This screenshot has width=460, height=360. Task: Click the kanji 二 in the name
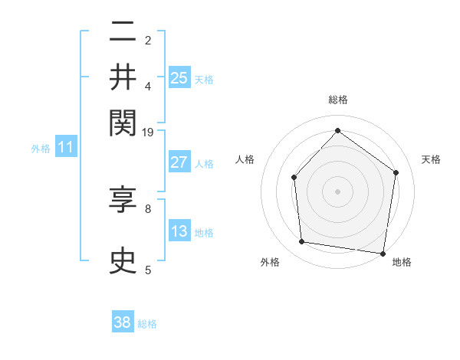pos(123,32)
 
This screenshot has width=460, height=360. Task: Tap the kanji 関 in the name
pos(123,121)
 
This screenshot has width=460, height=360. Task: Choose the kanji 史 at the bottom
pos(123,261)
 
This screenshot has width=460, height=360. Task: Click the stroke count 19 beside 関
pos(148,133)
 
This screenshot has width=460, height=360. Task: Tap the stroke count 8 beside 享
pos(148,208)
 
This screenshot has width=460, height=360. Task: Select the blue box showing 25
pos(179,77)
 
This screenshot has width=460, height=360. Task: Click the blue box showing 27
pos(179,162)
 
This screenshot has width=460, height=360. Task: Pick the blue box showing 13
pos(179,231)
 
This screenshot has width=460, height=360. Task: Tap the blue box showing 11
pos(65,147)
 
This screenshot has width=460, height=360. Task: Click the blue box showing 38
pos(123,322)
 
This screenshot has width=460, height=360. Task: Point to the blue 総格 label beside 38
pos(147,324)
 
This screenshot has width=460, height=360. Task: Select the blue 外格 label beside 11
pos(41,149)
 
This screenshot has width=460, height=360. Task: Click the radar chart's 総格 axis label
pos(338,100)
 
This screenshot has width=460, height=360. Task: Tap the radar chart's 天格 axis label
pos(431,160)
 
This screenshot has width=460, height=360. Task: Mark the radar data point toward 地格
pos(383,253)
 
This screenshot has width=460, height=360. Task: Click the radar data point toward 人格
pos(294,177)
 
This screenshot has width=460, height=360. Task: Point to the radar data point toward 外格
pos(302,242)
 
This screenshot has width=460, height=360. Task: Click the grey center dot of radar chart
pos(337,191)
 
